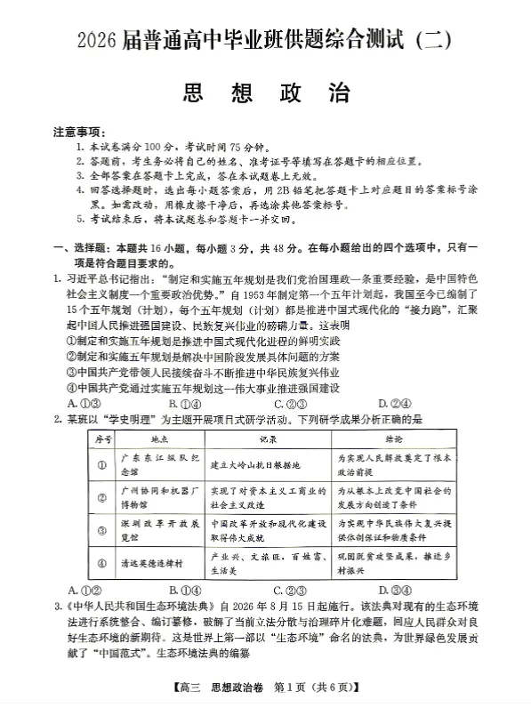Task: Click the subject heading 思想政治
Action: pyautogui.click(x=265, y=92)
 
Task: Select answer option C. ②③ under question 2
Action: pyautogui.click(x=290, y=589)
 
